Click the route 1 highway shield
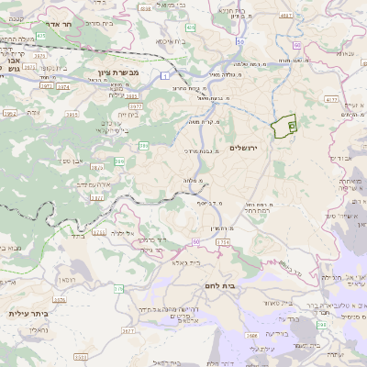[x=163, y=77]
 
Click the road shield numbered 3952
[x=9, y=114]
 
